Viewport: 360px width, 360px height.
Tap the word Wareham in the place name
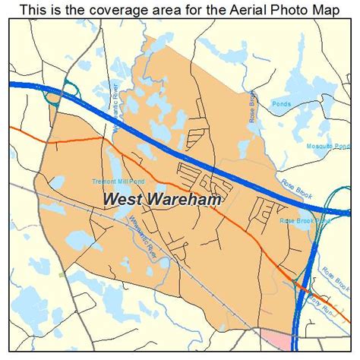[186, 200]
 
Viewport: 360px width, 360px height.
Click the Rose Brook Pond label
[305, 220]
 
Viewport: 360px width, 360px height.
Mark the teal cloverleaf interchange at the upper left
[55, 93]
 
